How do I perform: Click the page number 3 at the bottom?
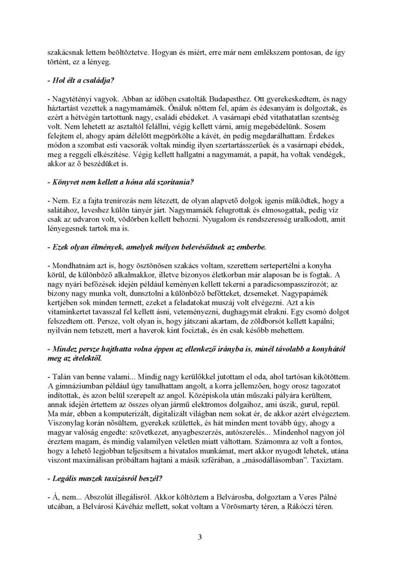199,537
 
